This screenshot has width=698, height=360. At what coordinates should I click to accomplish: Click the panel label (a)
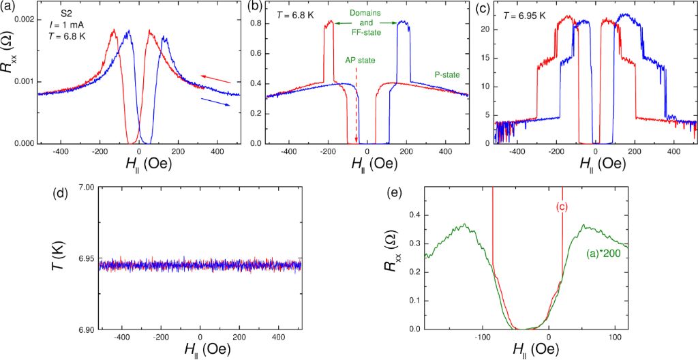coord(10,8)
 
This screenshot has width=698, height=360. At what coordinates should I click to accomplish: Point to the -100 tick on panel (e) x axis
coord(483,337)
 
